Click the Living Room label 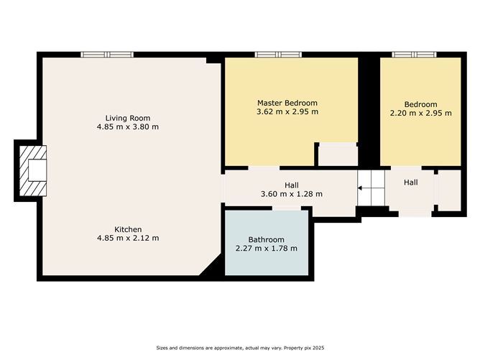(128, 118)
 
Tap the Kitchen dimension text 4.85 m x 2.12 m (128, 238)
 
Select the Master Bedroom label (287, 103)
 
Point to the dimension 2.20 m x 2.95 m (420, 113)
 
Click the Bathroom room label (266, 239)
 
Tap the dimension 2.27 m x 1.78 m (267, 249)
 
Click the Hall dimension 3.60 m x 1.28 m (292, 194)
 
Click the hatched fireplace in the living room (33, 170)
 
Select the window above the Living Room (107, 55)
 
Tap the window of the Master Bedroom (278, 55)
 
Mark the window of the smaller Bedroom (415, 55)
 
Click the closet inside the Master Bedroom (338, 155)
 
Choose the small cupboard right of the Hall (449, 190)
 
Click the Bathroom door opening (287, 208)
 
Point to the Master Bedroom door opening (264, 168)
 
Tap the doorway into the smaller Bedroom (406, 168)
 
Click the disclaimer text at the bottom (240, 348)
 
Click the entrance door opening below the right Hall (415, 213)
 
